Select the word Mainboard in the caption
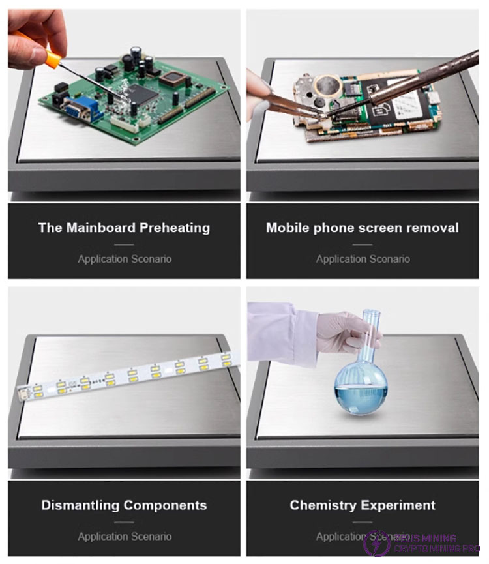102,228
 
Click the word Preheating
175,228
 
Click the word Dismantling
81,505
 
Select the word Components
166,506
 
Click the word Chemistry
323,505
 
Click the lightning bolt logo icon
377,544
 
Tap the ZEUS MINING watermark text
425,539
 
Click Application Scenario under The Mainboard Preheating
125,259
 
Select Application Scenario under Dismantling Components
125,537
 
